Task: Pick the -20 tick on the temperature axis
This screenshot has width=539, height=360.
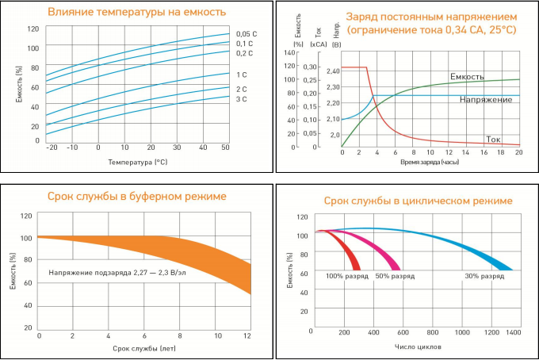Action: (52, 147)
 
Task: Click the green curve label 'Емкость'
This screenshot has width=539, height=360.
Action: (467, 76)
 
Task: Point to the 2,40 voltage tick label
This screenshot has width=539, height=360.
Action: (333, 71)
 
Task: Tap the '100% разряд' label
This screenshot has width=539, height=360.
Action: (346, 276)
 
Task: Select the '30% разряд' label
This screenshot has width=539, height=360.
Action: (484, 276)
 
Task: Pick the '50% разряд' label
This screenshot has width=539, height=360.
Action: (395, 276)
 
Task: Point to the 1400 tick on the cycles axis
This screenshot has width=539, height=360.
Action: (514, 333)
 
